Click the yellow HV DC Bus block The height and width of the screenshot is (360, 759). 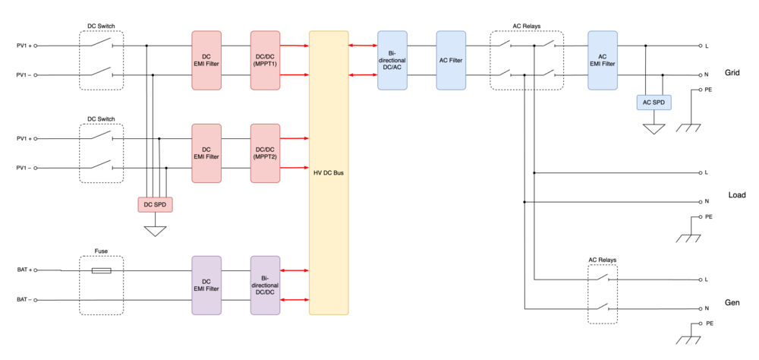point(329,173)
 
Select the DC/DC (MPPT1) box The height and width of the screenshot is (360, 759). point(265,61)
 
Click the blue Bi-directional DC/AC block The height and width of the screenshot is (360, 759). point(392,61)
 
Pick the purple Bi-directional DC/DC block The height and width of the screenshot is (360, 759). point(265,285)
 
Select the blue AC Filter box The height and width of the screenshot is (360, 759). point(451,61)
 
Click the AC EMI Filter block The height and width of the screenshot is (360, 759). point(603,61)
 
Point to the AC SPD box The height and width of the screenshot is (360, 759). point(652,103)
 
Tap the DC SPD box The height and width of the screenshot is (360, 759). point(155,204)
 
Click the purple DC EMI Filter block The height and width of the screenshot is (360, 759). point(206,285)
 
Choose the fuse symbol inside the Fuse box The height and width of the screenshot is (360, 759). point(101,270)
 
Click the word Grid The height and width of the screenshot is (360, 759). point(732,74)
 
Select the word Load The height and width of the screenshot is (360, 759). point(737,195)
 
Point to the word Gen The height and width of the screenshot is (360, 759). point(733,302)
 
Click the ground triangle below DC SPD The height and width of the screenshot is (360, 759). point(155,229)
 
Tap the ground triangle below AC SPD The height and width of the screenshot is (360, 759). point(652,129)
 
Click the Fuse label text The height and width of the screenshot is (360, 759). point(101,251)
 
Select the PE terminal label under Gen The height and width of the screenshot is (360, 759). point(709,324)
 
